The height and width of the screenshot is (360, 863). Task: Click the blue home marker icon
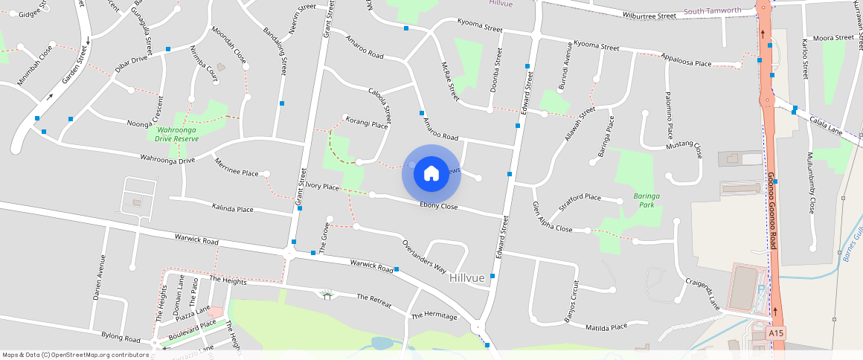point(431,174)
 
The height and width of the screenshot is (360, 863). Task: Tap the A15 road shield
point(777,333)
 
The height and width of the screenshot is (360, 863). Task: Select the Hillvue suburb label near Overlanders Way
point(467,277)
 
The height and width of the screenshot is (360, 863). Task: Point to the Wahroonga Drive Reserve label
point(177,134)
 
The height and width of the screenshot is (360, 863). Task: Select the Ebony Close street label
point(439,205)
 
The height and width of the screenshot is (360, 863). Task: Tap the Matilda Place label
point(608,328)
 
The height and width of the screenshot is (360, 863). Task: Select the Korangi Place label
point(367,125)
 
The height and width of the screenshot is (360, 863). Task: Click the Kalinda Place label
point(232,209)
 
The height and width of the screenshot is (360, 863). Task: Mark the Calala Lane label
point(825,123)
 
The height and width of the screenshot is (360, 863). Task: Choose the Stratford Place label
point(581,197)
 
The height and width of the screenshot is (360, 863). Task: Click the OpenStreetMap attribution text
point(76,355)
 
